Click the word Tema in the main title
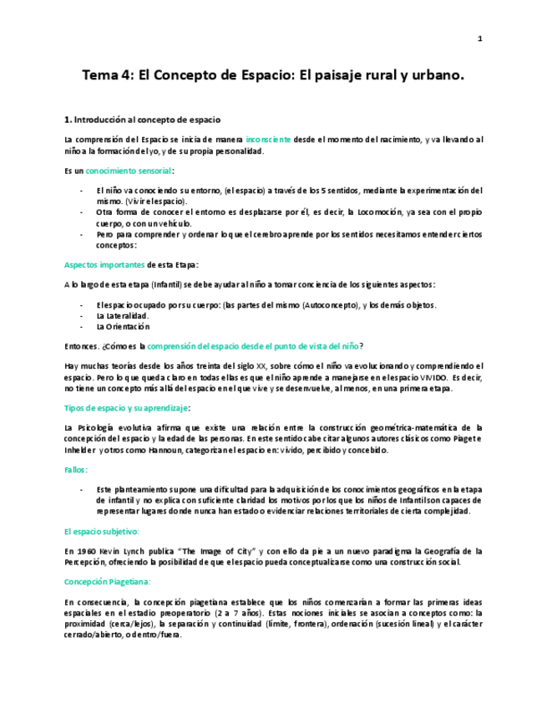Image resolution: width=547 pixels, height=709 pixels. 99,76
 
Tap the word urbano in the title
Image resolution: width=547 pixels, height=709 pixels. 436,76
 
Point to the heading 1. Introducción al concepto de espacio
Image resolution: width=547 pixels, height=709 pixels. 142,120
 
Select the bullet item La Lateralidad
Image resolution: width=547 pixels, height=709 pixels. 123,316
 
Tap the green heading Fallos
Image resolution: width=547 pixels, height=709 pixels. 77,470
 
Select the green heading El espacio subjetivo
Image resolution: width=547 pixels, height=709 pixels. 101,531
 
